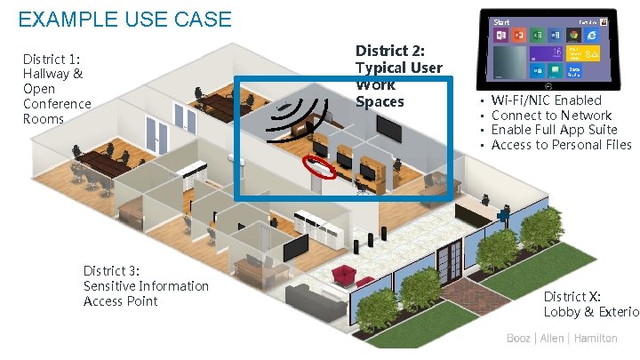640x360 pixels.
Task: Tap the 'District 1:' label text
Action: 52,60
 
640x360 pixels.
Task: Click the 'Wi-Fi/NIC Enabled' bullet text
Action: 546,100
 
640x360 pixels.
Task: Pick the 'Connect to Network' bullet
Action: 551,116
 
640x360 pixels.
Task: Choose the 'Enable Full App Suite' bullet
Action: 554,130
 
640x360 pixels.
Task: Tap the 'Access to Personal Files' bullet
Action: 561,145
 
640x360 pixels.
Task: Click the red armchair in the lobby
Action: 343,274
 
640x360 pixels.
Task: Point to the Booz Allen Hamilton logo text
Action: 562,339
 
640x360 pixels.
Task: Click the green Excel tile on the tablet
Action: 538,36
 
